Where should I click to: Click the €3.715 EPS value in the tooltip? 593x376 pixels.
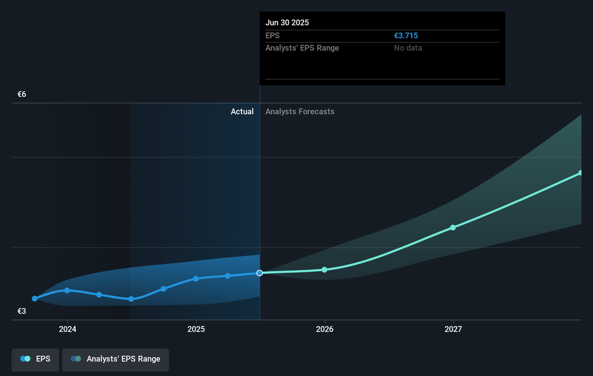406,36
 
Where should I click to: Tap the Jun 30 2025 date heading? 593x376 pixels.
287,23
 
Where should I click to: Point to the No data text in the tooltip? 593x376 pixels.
408,48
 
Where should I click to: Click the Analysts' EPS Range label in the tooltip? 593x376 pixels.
302,48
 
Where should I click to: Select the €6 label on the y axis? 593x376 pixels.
22,94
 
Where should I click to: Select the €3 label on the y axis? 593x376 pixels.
22,311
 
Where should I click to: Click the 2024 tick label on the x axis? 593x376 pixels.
68,329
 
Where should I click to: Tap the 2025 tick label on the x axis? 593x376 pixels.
196,329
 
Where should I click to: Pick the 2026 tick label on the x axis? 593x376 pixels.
325,329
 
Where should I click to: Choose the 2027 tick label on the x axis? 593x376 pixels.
453,329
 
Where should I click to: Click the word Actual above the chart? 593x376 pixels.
242,112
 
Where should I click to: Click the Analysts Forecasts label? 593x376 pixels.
300,112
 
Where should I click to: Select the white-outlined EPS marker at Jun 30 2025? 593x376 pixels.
260,273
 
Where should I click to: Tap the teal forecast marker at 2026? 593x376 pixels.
324,270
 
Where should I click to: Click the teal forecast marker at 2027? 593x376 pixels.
453,227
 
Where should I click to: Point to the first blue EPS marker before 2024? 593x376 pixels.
35,299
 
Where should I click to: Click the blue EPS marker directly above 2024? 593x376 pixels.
67,290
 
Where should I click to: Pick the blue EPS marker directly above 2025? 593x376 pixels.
196,279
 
